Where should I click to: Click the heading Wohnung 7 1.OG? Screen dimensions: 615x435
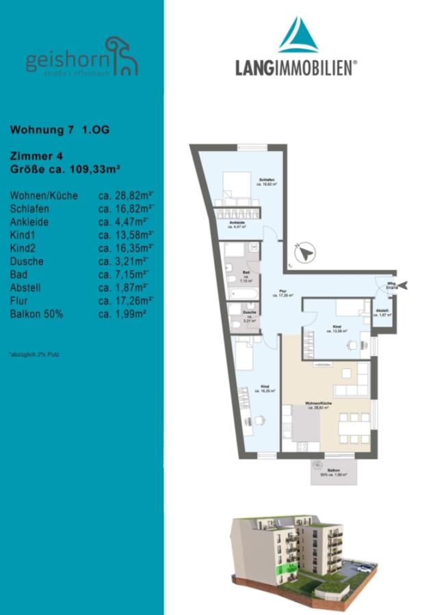click(x=60, y=129)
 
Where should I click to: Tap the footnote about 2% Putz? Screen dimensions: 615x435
click(x=35, y=355)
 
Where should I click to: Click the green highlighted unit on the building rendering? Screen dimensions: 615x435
click(x=280, y=570)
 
